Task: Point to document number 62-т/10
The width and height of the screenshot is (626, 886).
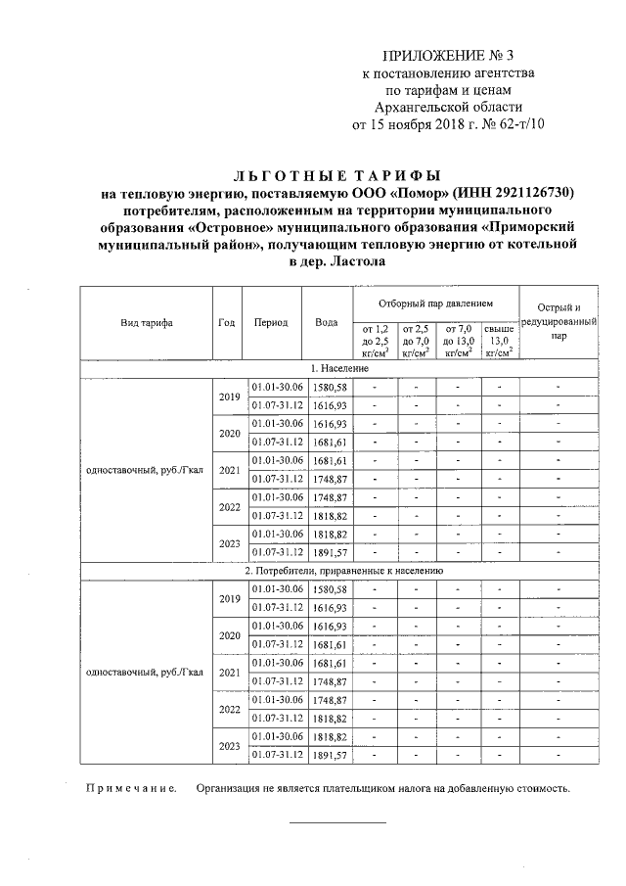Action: pos(514,124)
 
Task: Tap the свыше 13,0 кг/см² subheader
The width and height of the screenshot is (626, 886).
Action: pos(499,341)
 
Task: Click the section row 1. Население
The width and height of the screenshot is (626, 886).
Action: pos(339,368)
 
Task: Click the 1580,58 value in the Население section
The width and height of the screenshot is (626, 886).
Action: pos(327,387)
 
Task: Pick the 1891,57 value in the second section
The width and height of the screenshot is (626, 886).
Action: pos(327,756)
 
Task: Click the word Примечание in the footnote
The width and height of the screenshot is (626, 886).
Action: pos(131,788)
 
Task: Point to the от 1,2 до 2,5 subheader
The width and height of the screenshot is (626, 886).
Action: pos(376,341)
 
